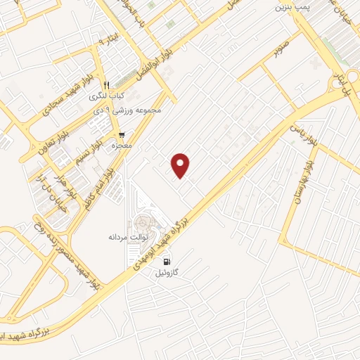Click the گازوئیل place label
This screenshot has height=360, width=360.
click(x=167, y=272)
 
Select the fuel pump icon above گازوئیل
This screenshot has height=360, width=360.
click(x=167, y=262)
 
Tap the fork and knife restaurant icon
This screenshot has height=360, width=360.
click(x=106, y=85)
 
